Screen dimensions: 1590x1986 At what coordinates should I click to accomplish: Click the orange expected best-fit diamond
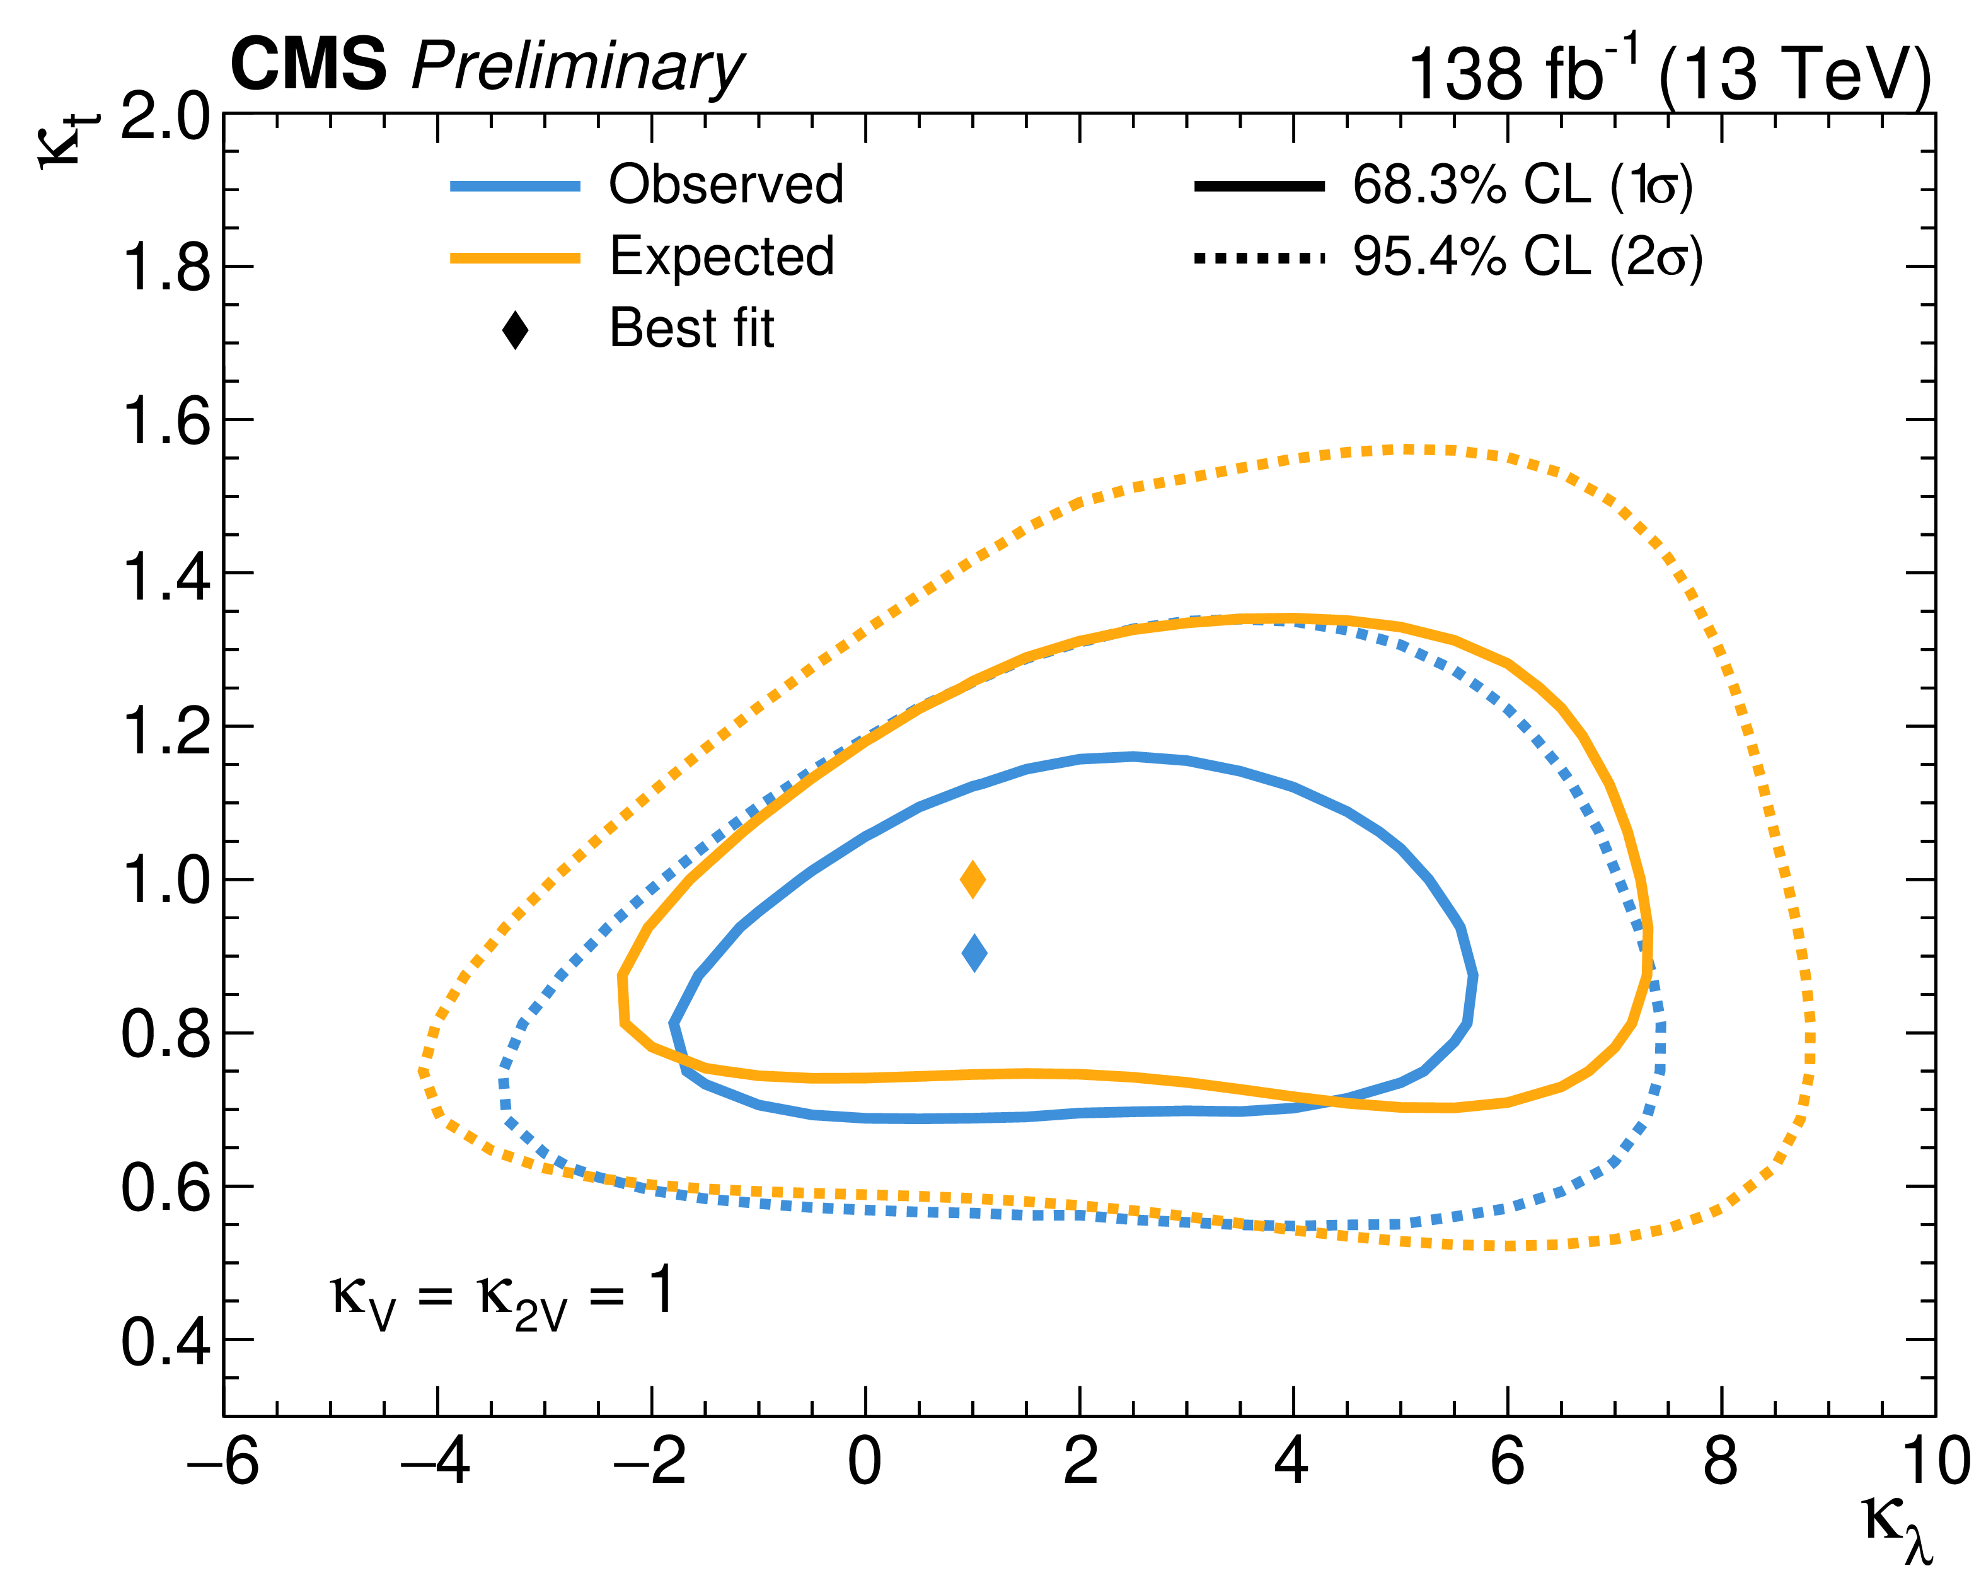973,879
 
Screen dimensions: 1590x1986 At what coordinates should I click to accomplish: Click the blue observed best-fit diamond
974,953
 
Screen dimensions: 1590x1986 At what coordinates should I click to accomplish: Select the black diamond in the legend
515,330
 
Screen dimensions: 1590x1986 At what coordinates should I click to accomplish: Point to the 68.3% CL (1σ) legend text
1521,185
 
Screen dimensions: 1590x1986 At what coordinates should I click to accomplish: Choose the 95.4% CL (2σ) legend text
1527,257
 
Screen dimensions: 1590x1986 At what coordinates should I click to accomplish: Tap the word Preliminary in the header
577,68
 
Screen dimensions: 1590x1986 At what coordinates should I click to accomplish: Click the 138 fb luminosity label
1520,72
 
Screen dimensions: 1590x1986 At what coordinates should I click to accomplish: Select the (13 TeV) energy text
1794,74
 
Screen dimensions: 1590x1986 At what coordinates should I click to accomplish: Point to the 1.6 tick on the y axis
166,421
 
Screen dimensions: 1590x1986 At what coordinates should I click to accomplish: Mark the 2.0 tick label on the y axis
166,117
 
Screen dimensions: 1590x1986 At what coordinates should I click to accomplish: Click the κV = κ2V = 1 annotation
502,1294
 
